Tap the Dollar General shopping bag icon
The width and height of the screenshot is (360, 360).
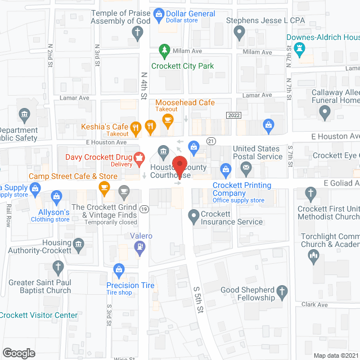click(159, 13)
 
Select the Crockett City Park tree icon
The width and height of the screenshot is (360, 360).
click(164, 51)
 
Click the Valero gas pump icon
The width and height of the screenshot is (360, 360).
click(140, 246)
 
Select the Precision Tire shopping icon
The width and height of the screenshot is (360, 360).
click(119, 271)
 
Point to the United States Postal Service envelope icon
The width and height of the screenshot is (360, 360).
click(246, 167)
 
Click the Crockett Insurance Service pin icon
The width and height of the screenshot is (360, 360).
click(193, 214)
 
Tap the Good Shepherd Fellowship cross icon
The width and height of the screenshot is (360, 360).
click(283, 292)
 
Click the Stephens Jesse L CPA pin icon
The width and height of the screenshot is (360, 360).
click(240, 34)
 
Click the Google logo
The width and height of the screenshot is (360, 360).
click(19, 353)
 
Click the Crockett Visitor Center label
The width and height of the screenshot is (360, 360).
click(38, 315)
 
